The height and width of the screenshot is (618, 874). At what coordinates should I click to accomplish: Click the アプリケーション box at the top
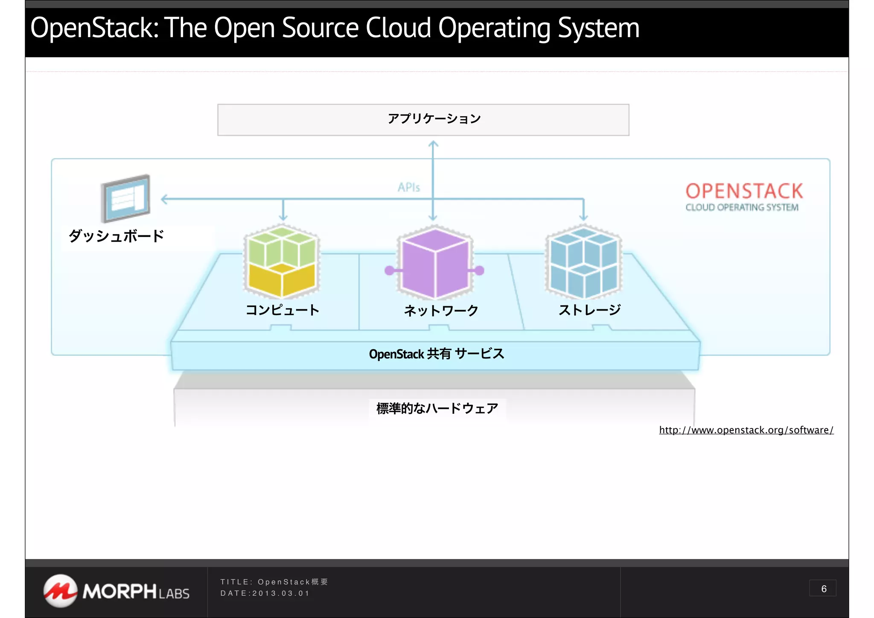click(423, 120)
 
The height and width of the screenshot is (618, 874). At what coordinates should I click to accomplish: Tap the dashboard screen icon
click(125, 198)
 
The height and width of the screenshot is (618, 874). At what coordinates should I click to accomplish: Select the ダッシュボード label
click(116, 236)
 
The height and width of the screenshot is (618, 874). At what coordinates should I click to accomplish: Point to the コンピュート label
click(283, 310)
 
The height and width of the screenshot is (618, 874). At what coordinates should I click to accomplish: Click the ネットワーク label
click(441, 310)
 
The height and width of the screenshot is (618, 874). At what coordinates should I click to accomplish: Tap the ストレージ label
click(589, 310)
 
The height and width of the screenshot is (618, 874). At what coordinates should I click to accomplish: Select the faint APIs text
click(408, 187)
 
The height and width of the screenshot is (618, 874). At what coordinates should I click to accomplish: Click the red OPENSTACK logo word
click(744, 191)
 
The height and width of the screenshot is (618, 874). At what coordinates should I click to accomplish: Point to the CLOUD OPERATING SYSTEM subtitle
click(742, 208)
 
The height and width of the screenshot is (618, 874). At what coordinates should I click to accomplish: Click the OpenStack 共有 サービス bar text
click(436, 354)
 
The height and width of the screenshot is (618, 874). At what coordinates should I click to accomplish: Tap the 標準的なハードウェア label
click(437, 409)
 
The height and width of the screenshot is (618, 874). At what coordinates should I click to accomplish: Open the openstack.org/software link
click(746, 430)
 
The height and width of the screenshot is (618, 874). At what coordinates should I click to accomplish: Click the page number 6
click(823, 589)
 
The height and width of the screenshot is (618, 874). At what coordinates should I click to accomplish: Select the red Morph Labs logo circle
click(60, 591)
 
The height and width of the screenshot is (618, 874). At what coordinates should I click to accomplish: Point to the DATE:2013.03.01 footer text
click(265, 593)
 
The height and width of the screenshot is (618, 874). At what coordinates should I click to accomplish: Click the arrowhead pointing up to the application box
click(433, 144)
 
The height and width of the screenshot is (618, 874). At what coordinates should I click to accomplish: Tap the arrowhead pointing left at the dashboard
click(164, 199)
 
